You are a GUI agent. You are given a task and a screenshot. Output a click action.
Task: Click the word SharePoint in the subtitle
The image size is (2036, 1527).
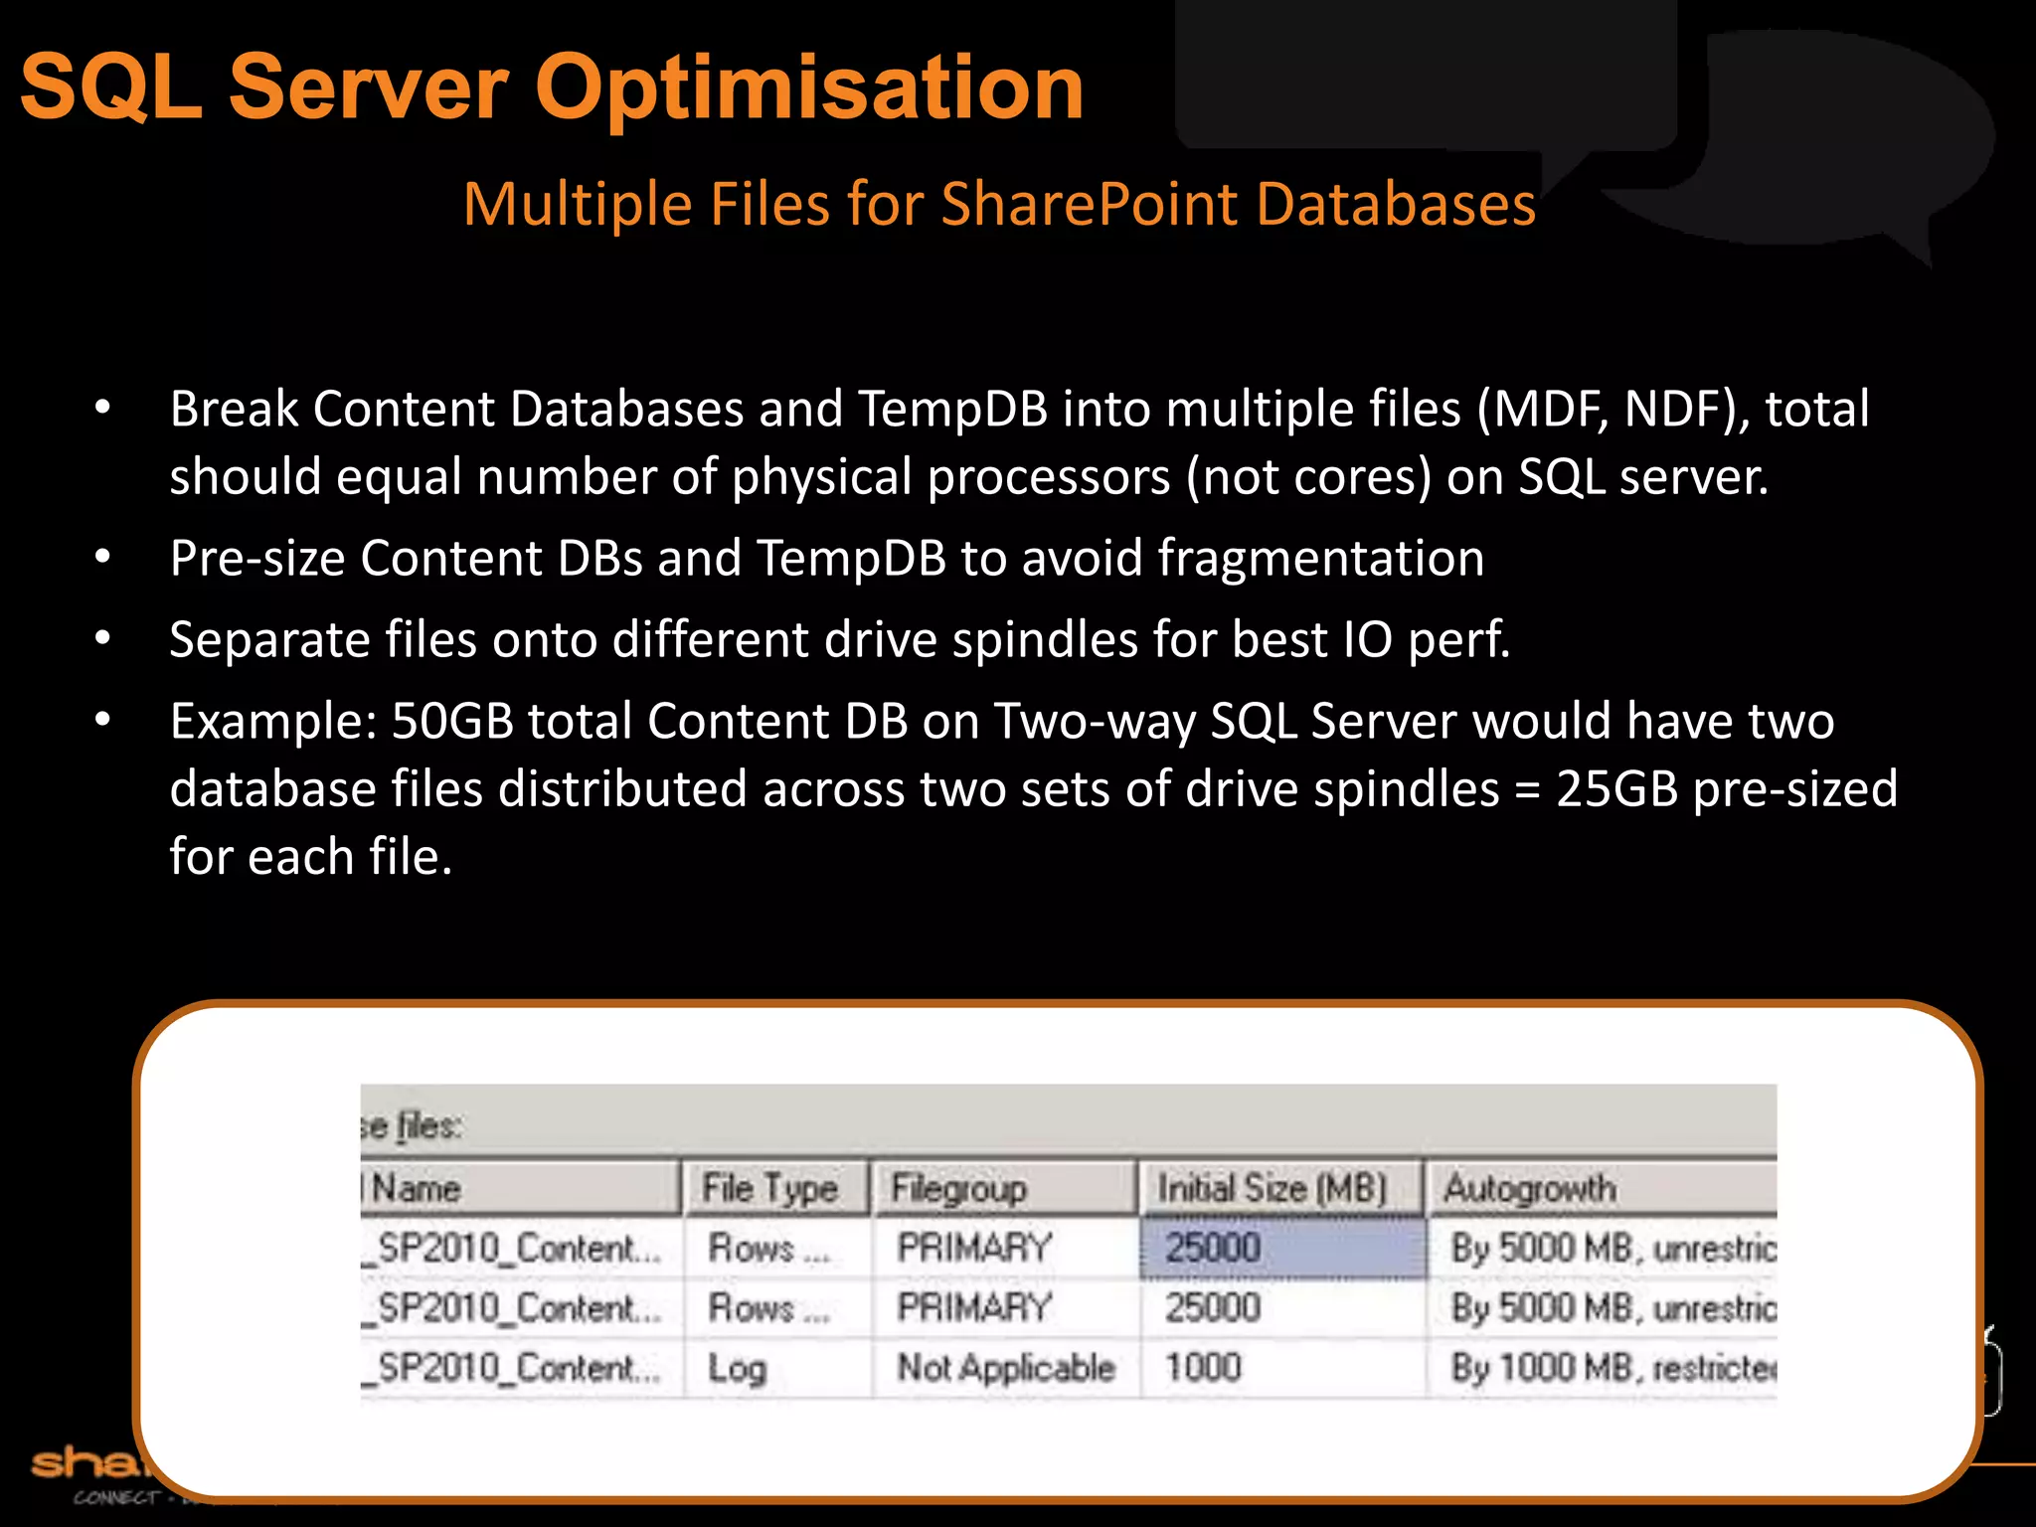tap(1090, 205)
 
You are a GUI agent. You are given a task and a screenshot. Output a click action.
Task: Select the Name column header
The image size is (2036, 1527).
tap(416, 1188)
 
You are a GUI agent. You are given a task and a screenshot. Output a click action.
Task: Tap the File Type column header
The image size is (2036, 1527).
tap(769, 1188)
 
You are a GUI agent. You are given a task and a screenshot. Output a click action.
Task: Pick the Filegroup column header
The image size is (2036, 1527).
tap(958, 1188)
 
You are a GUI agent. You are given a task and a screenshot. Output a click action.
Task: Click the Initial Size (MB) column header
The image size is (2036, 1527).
tap(1272, 1188)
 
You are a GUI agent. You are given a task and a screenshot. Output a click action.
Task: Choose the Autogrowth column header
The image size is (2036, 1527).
tap(1529, 1188)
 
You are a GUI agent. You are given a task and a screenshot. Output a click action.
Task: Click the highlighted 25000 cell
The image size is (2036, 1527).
tap(1281, 1248)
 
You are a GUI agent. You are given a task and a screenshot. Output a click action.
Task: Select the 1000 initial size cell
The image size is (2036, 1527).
tap(1203, 1368)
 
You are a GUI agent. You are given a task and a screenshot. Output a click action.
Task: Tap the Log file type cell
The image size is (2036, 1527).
tap(737, 1369)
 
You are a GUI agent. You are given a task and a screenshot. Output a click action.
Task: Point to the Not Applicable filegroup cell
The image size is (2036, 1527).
tap(1005, 1368)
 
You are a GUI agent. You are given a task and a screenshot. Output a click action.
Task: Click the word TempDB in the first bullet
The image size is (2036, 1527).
tap(952, 410)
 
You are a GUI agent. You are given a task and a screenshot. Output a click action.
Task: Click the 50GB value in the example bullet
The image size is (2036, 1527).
tap(452, 722)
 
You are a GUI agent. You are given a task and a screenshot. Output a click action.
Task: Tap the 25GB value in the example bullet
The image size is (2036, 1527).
tap(1616, 789)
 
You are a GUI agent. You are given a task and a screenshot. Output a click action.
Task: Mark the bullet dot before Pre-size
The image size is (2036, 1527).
tap(102, 558)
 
